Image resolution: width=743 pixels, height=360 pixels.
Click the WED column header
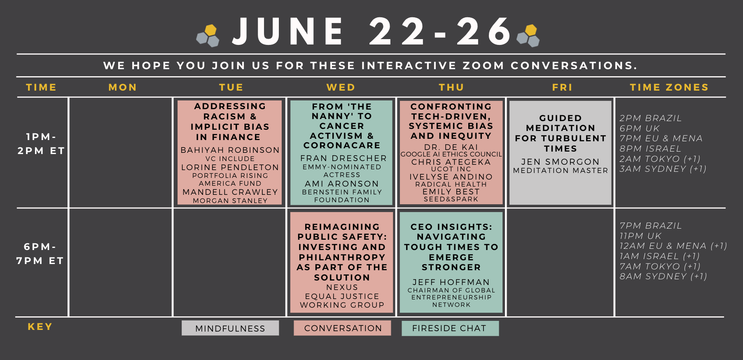341,87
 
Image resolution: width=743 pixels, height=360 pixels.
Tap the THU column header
451,87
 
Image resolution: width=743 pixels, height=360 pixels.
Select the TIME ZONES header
669,87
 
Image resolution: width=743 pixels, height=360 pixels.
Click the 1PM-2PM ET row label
41,144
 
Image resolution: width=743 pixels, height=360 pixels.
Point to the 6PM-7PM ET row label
40,254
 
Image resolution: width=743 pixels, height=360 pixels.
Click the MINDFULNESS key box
230,328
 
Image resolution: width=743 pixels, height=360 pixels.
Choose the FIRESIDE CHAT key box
450,328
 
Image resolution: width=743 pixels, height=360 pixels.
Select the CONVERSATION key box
342,328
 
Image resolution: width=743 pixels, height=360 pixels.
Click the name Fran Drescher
343,158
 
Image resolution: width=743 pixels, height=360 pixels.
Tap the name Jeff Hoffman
451,282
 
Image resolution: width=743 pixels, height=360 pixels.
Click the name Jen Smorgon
560,162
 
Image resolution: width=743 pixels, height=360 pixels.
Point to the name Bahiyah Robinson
230,150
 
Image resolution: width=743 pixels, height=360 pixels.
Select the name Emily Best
451,192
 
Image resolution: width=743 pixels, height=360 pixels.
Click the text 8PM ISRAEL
650,148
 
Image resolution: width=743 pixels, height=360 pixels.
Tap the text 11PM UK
640,236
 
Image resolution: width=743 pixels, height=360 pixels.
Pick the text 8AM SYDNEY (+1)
663,276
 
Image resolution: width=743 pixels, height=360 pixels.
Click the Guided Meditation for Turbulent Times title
561,133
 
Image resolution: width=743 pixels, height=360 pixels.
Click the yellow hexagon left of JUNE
210,30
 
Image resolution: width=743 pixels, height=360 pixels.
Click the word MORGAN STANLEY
230,201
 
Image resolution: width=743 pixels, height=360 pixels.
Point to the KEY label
40,327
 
